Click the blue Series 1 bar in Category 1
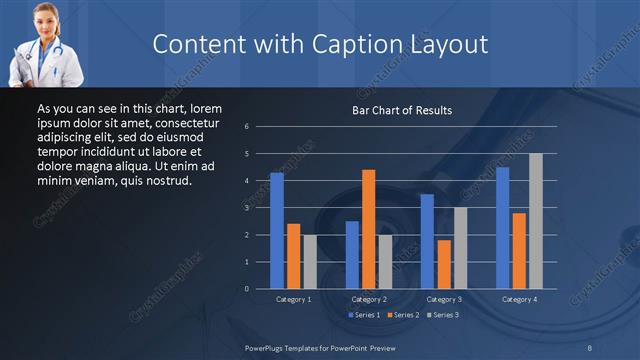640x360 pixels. [277, 231]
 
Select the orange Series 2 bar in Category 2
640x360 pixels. [369, 229]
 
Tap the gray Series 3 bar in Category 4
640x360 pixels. [536, 221]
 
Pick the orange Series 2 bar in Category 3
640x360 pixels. [444, 264]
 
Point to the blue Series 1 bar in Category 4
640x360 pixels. [502, 228]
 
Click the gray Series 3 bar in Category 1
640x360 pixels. [310, 262]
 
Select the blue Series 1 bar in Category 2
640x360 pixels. [352, 255]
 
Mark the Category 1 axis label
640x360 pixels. [294, 299]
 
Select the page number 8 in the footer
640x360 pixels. [590, 347]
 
